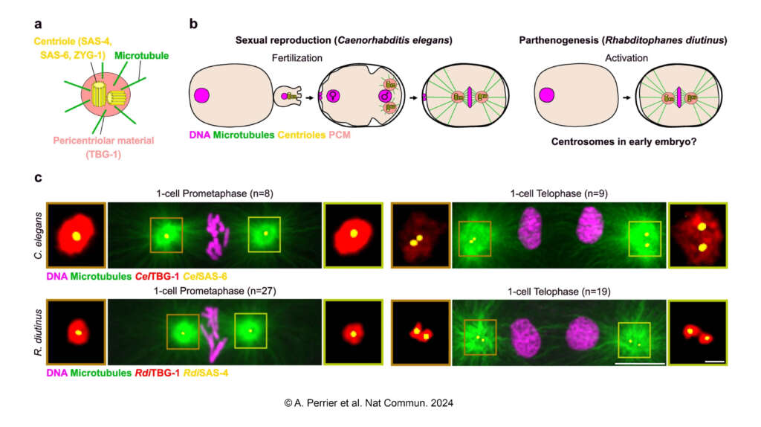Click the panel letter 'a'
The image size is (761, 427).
(x=38, y=25)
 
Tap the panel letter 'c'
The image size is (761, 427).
(x=38, y=178)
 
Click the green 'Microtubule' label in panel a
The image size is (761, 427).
(x=142, y=55)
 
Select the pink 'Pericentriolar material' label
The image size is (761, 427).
(x=103, y=141)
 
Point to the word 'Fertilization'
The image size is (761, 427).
(x=297, y=58)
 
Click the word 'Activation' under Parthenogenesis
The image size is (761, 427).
(x=626, y=58)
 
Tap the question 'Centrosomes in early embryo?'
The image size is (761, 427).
(x=624, y=142)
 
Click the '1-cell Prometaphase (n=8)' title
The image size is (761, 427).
(x=215, y=193)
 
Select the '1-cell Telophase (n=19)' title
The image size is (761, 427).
(x=559, y=292)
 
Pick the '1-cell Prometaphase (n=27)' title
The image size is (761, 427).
(x=215, y=291)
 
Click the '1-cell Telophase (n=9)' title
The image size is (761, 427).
(x=559, y=193)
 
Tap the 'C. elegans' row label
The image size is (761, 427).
(x=39, y=235)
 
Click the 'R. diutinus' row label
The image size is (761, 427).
(x=39, y=333)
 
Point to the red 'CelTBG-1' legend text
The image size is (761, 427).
(x=157, y=277)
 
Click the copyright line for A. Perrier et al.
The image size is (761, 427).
(x=369, y=402)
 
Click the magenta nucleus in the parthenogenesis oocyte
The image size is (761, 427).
(x=546, y=95)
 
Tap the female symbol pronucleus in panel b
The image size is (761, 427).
(x=332, y=96)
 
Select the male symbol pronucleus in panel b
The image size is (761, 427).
(x=386, y=96)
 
